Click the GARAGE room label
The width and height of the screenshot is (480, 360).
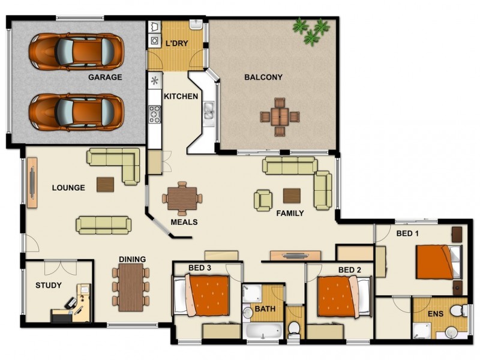click(x=105, y=77)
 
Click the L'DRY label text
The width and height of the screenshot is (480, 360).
click(x=176, y=44)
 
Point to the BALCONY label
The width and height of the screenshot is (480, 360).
click(x=263, y=77)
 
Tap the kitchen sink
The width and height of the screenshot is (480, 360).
click(x=208, y=110)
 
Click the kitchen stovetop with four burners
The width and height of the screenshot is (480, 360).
click(x=155, y=113)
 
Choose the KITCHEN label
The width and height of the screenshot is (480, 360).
click(x=181, y=96)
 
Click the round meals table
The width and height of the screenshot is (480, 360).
click(x=182, y=197)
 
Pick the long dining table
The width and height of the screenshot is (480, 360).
click(x=131, y=287)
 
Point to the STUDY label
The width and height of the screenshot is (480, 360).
click(x=49, y=285)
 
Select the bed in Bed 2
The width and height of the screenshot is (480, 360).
click(x=338, y=296)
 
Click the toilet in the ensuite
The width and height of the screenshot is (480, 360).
click(x=457, y=311)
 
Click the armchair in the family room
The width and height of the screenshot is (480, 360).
click(x=263, y=200)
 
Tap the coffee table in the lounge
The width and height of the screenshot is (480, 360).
click(x=105, y=184)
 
